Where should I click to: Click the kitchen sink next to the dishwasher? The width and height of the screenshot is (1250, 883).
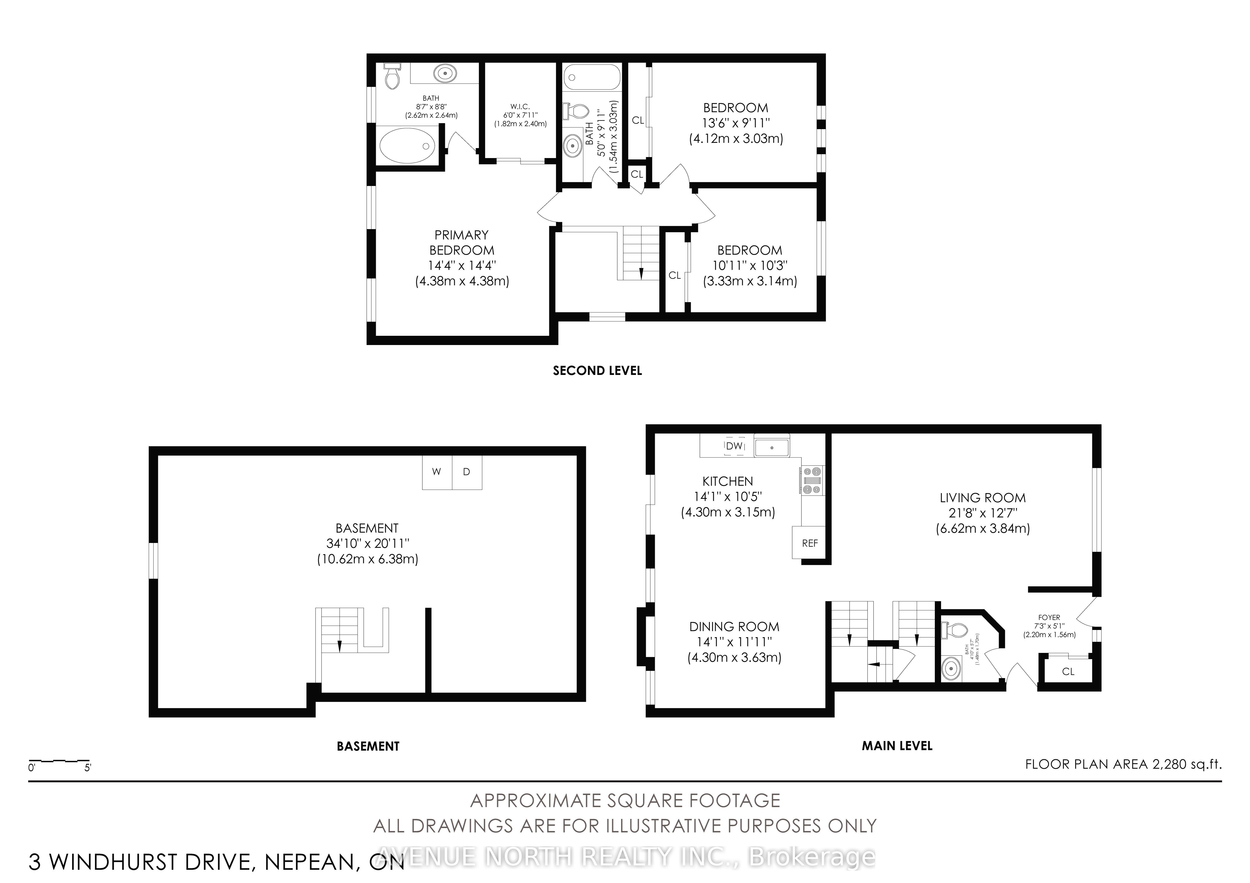click(771, 447)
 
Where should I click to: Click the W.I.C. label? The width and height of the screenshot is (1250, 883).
click(520, 107)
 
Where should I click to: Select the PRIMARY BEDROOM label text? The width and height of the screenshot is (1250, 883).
click(462, 243)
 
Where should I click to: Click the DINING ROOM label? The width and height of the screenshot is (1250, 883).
click(734, 627)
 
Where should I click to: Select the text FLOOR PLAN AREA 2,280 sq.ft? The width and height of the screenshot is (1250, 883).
click(1123, 764)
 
